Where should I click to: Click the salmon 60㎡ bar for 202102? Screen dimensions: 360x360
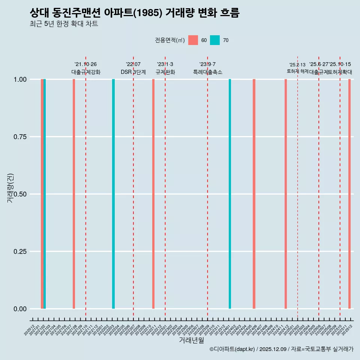[x=42, y=194]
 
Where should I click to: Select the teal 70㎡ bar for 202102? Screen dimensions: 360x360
[x=45, y=194]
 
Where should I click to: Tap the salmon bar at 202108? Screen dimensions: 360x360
[x=74, y=194]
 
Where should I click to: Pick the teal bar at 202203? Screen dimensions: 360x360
[x=113, y=194]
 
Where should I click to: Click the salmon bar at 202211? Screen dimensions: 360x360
[x=153, y=194]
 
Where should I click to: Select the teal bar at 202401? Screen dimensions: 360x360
[x=230, y=194]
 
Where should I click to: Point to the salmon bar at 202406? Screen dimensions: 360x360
[x=254, y=194]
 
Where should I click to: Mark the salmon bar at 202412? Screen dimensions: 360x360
[x=286, y=194]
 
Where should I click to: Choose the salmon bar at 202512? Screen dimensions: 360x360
[x=349, y=194]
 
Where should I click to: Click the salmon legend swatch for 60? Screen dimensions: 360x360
[x=193, y=40]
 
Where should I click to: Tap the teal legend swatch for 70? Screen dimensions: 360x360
[x=215, y=40]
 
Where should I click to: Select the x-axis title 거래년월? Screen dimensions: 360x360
[x=191, y=340]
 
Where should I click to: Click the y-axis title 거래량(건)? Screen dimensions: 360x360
[x=10, y=188]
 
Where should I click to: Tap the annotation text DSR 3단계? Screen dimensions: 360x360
[x=133, y=72]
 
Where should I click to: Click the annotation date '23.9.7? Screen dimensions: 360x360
[x=207, y=64]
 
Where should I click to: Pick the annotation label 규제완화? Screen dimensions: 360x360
[x=165, y=72]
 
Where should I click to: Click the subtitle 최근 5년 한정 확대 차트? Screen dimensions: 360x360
[x=64, y=24]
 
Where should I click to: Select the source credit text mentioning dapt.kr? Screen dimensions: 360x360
[x=281, y=349]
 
